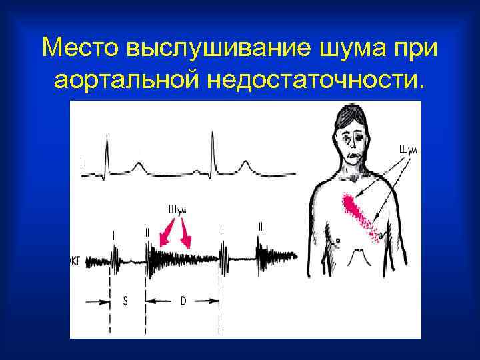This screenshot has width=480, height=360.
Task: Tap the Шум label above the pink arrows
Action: coord(177,209)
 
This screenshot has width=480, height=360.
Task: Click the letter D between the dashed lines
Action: coord(183,301)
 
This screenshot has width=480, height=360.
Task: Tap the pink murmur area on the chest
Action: coord(361,214)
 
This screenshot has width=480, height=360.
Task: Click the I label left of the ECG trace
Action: coord(81,161)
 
